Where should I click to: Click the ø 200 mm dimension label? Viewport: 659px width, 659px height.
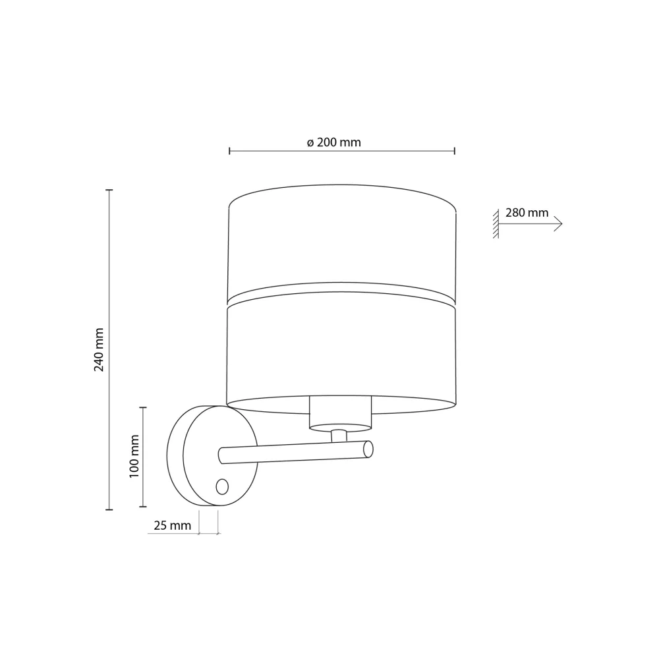point(333,142)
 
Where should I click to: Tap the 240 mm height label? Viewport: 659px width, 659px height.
point(99,350)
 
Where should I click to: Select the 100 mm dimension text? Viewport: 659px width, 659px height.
point(134,457)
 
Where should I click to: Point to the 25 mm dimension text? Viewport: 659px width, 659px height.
point(172,525)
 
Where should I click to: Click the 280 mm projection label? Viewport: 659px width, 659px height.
point(527,213)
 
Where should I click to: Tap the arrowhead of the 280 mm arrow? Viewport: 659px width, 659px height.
point(559,224)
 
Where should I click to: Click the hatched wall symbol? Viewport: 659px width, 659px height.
point(496,223)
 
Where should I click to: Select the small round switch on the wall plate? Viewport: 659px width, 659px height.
point(222,487)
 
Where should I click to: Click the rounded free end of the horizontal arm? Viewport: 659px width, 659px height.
point(368,449)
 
